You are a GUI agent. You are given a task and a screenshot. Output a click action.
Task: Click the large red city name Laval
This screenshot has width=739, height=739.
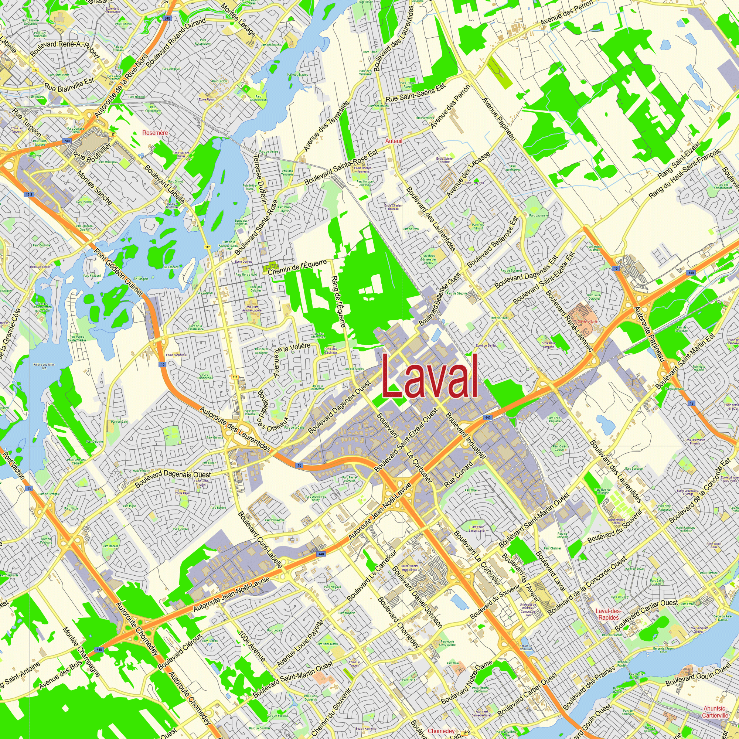[430, 377]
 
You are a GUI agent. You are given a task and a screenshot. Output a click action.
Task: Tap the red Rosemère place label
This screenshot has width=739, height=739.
[155, 133]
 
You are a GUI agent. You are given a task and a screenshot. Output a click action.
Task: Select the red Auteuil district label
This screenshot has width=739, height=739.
[394, 141]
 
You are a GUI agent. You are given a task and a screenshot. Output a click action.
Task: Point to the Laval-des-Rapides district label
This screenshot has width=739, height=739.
[608, 614]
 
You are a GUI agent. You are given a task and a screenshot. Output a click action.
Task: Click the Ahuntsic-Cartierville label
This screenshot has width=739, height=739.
[715, 712]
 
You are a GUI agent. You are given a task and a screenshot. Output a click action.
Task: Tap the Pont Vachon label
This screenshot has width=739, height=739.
[14, 466]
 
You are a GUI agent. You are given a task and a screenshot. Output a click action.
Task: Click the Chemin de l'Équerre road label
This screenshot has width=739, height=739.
[297, 267]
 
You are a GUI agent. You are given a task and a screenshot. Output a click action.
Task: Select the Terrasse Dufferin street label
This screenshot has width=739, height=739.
[261, 179]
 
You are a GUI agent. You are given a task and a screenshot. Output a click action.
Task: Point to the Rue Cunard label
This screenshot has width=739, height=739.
[459, 474]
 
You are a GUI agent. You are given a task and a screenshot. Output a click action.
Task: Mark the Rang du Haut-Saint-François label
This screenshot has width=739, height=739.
[684, 173]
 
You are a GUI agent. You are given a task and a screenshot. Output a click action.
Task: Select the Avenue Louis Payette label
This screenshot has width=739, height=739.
[300, 644]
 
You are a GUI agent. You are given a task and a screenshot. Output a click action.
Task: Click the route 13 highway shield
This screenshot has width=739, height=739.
[30, 488]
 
